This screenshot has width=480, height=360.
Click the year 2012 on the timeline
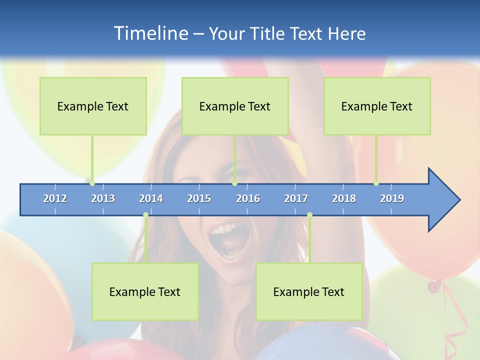(x=55, y=198)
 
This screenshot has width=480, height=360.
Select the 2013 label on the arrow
(x=103, y=198)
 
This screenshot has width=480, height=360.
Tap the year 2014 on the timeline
(x=151, y=198)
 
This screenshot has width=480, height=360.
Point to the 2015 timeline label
(x=199, y=198)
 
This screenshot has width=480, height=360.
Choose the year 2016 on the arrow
(x=248, y=198)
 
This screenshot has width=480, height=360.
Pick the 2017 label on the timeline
(x=296, y=198)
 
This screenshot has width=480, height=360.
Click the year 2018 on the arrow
(x=344, y=198)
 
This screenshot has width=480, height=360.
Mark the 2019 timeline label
(x=392, y=198)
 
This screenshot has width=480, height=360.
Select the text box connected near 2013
(x=93, y=106)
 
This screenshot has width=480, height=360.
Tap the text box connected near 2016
(x=235, y=106)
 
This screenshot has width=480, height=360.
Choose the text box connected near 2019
(x=377, y=106)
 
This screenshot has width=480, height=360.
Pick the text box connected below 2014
(x=145, y=291)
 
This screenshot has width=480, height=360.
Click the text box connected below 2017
(x=309, y=291)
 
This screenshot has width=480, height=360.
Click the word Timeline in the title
(x=150, y=33)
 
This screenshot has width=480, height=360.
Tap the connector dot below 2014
(x=145, y=215)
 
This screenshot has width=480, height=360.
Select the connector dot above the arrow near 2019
(x=376, y=183)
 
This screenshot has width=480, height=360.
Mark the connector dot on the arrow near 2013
(x=92, y=183)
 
